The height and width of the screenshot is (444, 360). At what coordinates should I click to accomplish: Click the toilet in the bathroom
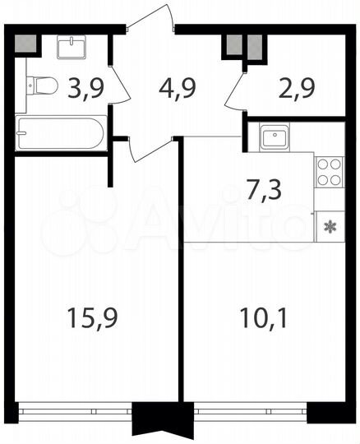coord(41,85)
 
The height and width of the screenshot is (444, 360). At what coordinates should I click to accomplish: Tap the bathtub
coord(61,132)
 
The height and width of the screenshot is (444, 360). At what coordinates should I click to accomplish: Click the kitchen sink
coord(275,136)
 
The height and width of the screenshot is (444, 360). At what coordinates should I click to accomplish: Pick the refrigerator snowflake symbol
coord(330,226)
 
